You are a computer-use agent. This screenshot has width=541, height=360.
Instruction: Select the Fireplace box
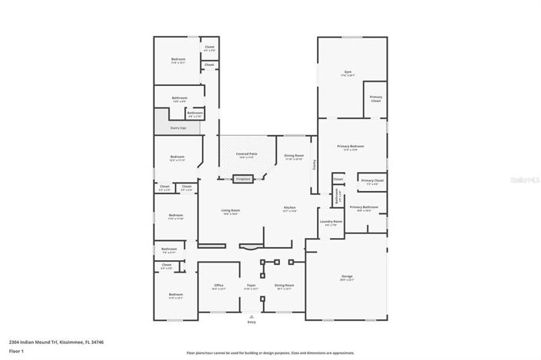point(243,179)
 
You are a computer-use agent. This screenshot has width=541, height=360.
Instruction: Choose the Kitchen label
point(290,209)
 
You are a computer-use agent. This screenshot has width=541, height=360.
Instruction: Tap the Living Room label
point(230,212)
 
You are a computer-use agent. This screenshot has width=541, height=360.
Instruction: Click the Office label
point(218,287)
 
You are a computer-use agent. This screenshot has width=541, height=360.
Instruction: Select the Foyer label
point(251,287)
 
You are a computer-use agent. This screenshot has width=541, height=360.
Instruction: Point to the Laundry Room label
point(331,223)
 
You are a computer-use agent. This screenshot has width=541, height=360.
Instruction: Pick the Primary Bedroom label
point(351,147)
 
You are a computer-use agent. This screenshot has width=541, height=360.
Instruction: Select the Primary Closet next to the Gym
point(376,98)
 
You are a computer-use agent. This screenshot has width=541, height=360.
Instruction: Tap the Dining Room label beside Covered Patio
point(294,157)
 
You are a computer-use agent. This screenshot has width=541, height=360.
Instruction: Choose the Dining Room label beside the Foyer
point(284,287)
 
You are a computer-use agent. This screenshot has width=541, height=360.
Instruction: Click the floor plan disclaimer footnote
point(269,353)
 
